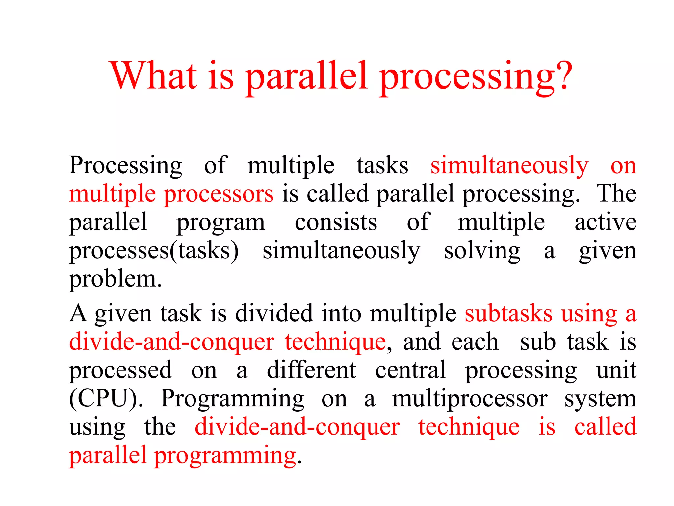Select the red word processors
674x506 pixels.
click(x=219, y=194)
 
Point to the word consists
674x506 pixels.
click(x=336, y=222)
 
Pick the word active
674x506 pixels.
click(x=605, y=222)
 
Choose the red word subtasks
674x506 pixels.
click(x=508, y=313)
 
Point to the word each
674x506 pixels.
click(x=475, y=342)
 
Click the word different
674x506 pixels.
click(x=311, y=370)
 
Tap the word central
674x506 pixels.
click(x=410, y=370)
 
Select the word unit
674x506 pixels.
click(x=616, y=370)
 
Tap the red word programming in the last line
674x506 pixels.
click(x=225, y=456)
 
